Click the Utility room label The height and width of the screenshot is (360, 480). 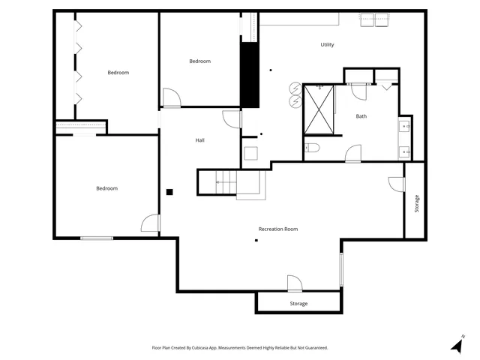click(x=327, y=45)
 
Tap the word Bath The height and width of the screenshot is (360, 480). click(x=361, y=116)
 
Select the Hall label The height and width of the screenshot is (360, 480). click(x=200, y=140)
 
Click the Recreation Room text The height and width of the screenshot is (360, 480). click(x=278, y=229)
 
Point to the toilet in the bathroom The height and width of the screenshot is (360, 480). click(x=312, y=148)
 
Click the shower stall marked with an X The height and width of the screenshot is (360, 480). click(x=319, y=109)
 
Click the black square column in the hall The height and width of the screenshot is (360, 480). click(x=169, y=192)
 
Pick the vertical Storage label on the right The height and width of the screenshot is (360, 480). click(x=417, y=203)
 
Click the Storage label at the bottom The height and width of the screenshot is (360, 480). click(x=298, y=304)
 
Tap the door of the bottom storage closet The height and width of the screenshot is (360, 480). click(x=295, y=284)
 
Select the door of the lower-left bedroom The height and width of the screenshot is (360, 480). click(x=151, y=224)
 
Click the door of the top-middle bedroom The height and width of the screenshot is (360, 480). click(x=171, y=97)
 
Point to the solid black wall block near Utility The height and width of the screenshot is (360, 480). click(x=249, y=75)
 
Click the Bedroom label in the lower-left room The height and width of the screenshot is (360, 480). click(x=106, y=188)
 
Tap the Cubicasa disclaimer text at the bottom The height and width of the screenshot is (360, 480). click(x=240, y=348)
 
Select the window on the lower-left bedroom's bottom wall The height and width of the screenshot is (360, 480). click(x=97, y=238)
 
